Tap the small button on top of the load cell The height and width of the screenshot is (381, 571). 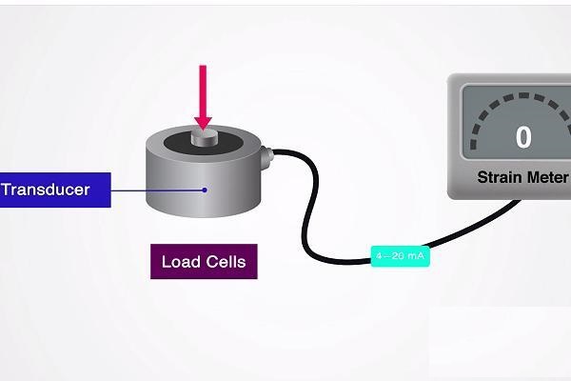tap(203, 138)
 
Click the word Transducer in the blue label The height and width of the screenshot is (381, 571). tap(46, 190)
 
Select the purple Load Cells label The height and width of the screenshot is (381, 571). tap(204, 261)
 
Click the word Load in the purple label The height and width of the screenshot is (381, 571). tap(179, 261)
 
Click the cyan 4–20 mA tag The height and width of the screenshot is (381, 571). tap(401, 255)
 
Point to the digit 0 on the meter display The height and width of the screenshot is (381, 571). tap(523, 137)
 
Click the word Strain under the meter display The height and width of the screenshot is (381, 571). tap(498, 177)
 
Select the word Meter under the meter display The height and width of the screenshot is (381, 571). tap(547, 177)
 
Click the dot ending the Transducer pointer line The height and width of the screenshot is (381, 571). tap(204, 190)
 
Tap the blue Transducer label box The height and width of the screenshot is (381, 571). tap(54, 190)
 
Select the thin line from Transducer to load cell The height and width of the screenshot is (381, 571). tap(157, 190)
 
